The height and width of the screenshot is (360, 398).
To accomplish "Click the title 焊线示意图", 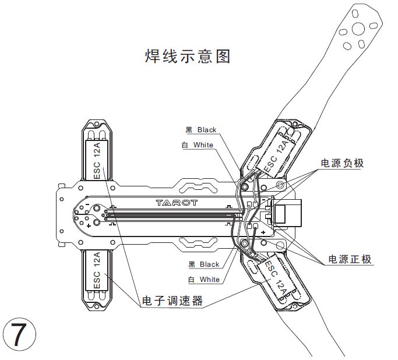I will point(188,57).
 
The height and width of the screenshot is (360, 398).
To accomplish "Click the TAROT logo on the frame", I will point(177,203).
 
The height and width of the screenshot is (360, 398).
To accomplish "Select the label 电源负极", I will point(342,163).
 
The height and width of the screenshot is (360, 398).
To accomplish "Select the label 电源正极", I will point(350,259).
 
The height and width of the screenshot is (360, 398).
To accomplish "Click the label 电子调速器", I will point(172,302).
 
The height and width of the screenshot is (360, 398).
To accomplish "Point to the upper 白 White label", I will point(198,145).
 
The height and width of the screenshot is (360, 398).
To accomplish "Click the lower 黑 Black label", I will point(202,264).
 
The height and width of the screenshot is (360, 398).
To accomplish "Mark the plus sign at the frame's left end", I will point(89,224).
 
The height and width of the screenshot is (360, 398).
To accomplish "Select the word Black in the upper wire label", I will point(207,130).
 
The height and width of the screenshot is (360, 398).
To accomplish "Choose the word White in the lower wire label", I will point(210,280).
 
